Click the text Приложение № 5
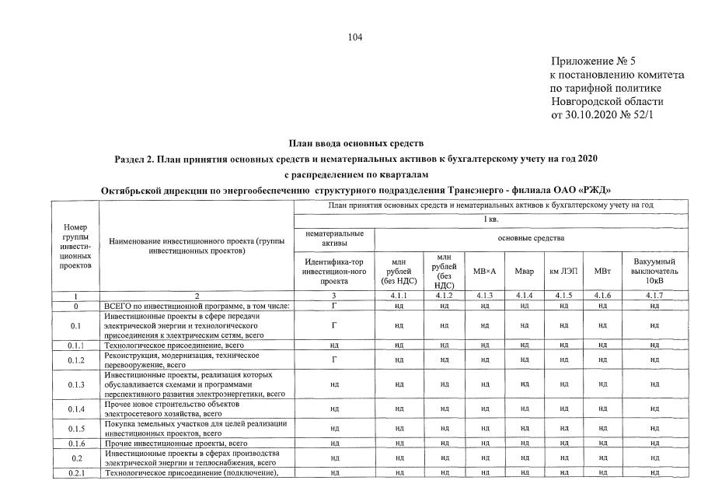coord(593,61)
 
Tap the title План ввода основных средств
coord(356,144)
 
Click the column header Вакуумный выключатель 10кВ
coord(654,270)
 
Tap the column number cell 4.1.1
coord(399,296)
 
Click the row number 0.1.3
coord(75,384)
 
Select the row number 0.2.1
coord(75,472)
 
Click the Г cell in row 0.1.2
coord(333,359)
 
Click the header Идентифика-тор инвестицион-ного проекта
coord(333,270)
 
